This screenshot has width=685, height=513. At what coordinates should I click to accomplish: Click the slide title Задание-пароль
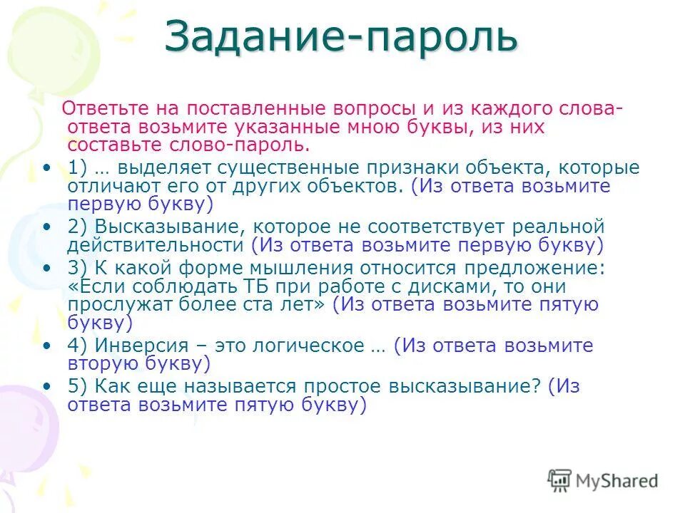(340, 37)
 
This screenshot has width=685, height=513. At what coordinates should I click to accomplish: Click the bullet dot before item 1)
(46, 167)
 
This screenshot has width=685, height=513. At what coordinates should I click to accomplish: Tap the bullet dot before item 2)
(46, 227)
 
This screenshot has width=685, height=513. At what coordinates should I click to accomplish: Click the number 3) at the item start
(78, 268)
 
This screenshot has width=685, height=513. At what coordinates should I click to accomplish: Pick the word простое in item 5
(342, 386)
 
